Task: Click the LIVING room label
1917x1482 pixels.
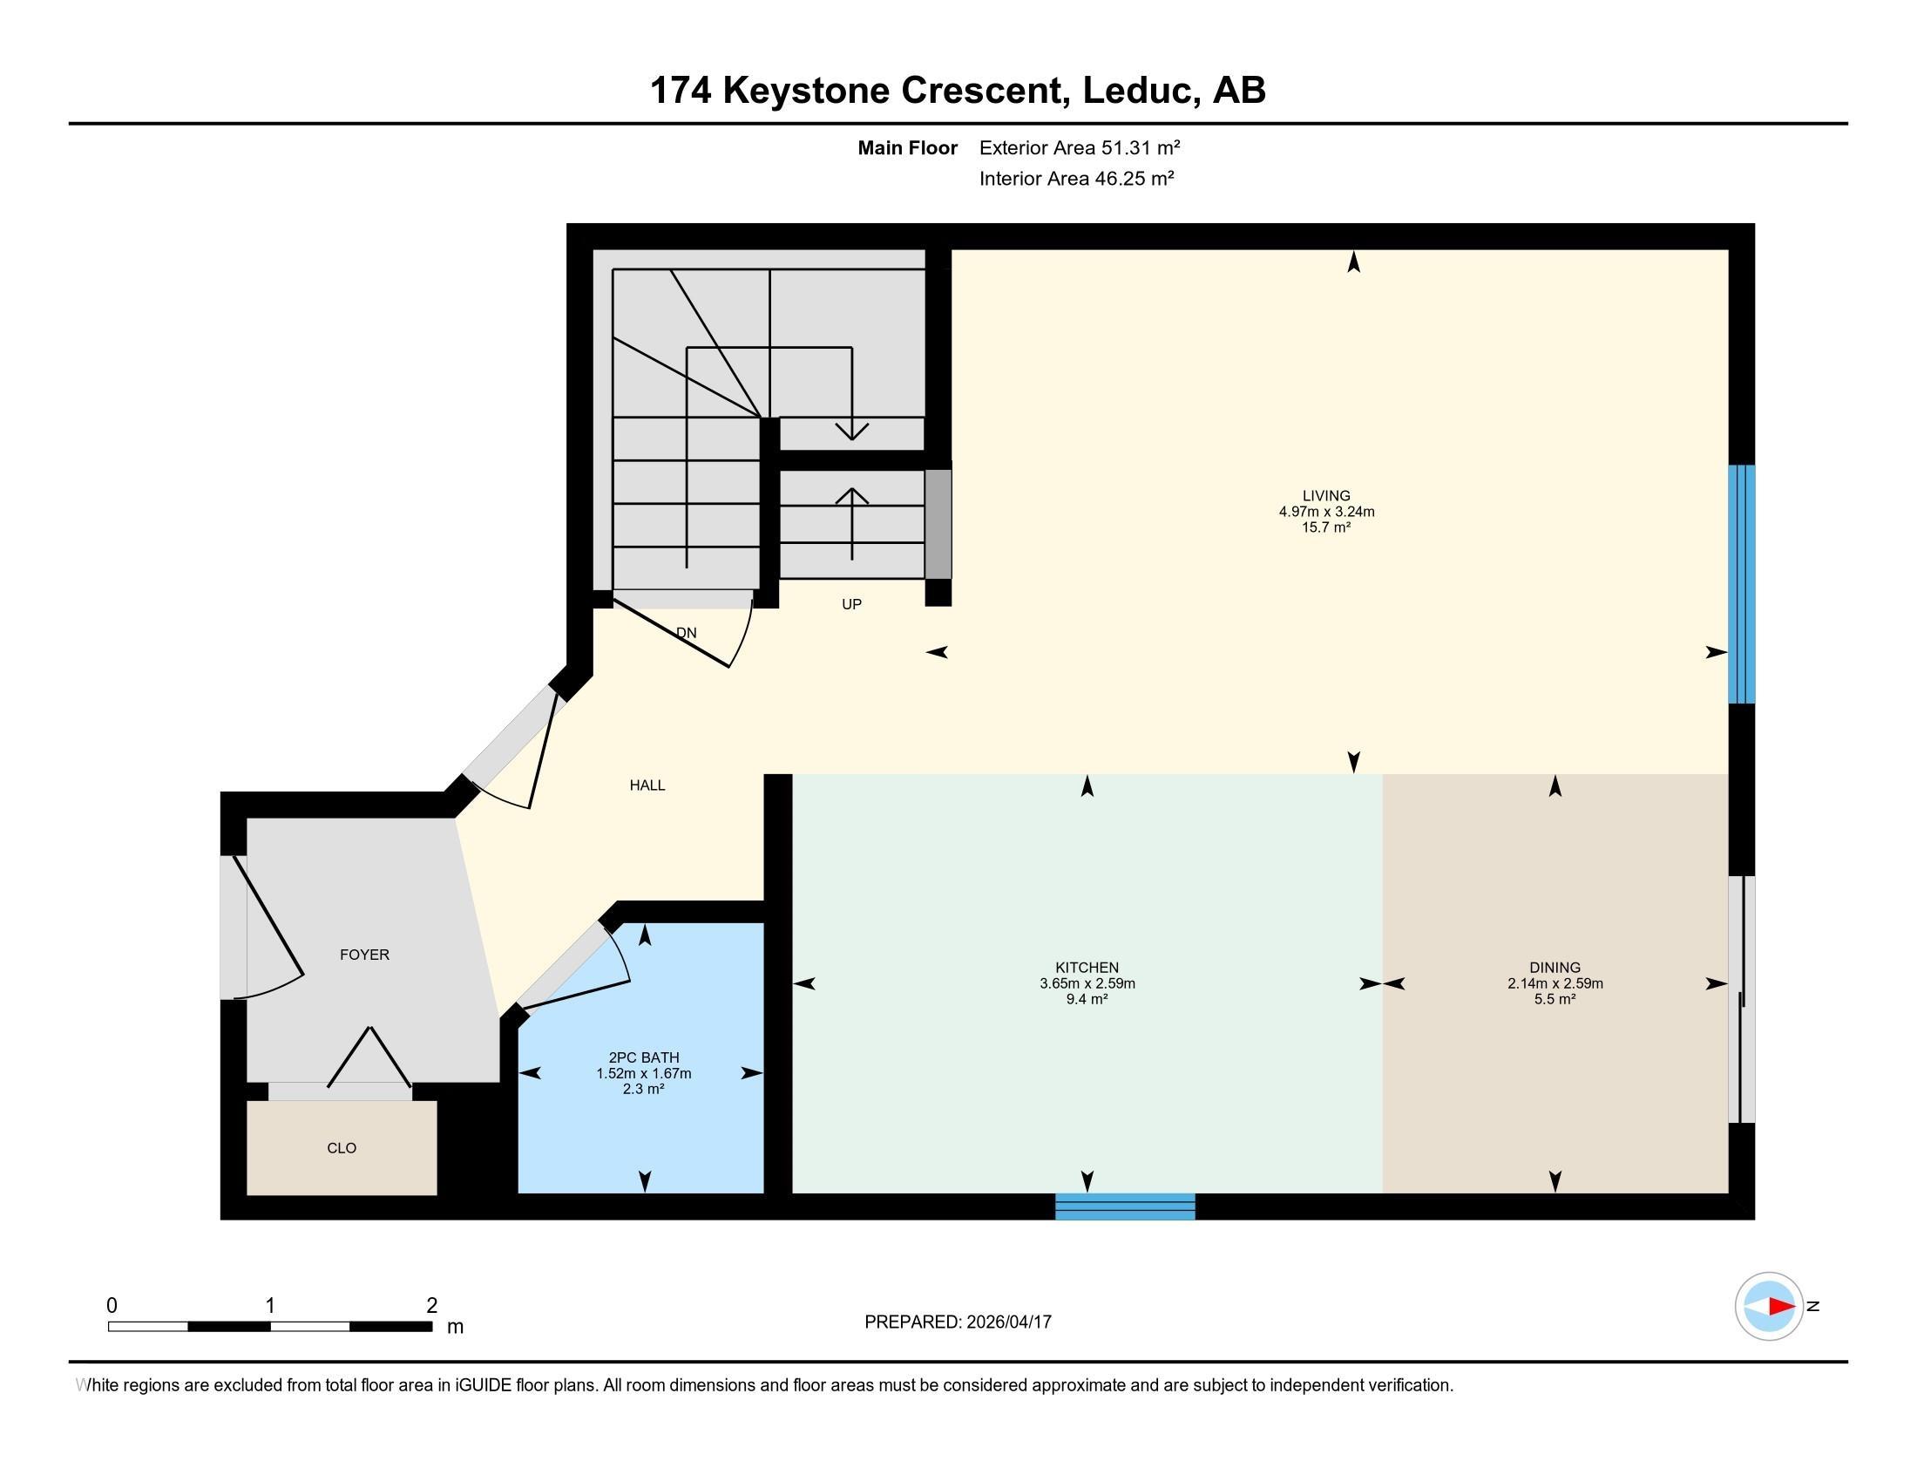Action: (x=1325, y=495)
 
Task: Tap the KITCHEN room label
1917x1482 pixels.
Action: (x=1087, y=968)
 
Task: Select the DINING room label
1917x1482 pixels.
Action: (x=1555, y=968)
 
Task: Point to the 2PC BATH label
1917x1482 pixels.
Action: (x=643, y=1057)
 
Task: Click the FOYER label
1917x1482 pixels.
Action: (x=364, y=955)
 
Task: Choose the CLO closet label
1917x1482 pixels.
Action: (x=342, y=1147)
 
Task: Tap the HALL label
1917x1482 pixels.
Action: (x=647, y=785)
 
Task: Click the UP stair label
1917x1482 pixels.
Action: (x=851, y=604)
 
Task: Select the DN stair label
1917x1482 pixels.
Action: (x=687, y=632)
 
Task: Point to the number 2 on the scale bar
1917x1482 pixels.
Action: (x=432, y=1306)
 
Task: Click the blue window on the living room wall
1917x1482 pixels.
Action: (x=1742, y=584)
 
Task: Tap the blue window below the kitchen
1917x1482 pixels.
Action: (x=1124, y=1207)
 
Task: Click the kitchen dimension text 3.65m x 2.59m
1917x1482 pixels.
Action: (x=1087, y=983)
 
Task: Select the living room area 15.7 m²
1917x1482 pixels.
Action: (x=1325, y=527)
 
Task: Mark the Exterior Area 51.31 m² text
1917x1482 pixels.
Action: (x=1080, y=147)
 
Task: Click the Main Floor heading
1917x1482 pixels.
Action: (x=908, y=147)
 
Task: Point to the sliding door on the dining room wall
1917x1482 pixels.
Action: (x=1742, y=999)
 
